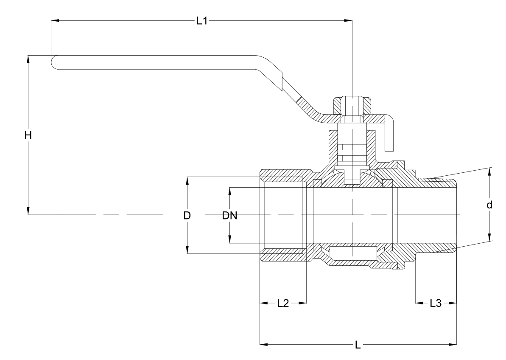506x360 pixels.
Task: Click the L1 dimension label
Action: pyautogui.click(x=201, y=21)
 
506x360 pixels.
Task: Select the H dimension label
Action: pyautogui.click(x=28, y=135)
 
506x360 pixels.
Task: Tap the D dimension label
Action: pyautogui.click(x=187, y=215)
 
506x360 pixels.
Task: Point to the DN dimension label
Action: pyautogui.click(x=229, y=215)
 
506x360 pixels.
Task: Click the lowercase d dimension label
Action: pyautogui.click(x=489, y=205)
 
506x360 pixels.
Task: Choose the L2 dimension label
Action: pyautogui.click(x=283, y=303)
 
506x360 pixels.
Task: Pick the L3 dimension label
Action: pyautogui.click(x=436, y=303)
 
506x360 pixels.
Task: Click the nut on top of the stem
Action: pyautogui.click(x=352, y=106)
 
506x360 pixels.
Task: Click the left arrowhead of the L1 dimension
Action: pyautogui.click(x=54, y=20)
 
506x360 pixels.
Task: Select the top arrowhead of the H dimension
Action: pyautogui.click(x=28, y=58)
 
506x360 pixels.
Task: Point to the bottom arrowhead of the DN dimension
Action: pyautogui.click(x=229, y=240)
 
